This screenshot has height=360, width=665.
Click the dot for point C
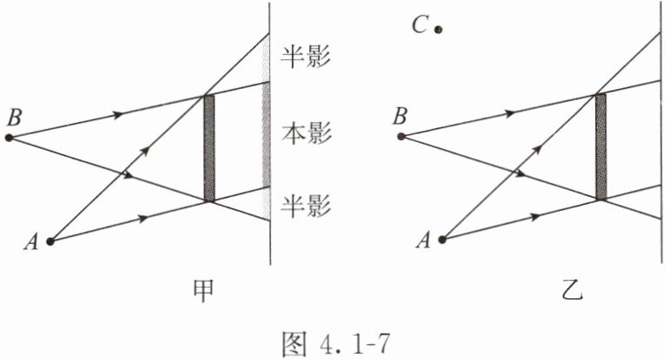point(438,30)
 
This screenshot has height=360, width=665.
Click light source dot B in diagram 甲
point(10,138)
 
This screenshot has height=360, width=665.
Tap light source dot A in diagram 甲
point(51,241)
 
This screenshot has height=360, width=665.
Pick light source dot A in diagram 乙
point(443,238)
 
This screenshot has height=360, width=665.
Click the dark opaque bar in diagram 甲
point(208,148)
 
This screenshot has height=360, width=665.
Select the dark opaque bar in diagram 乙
point(600,146)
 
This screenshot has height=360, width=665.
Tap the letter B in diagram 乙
point(399,115)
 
